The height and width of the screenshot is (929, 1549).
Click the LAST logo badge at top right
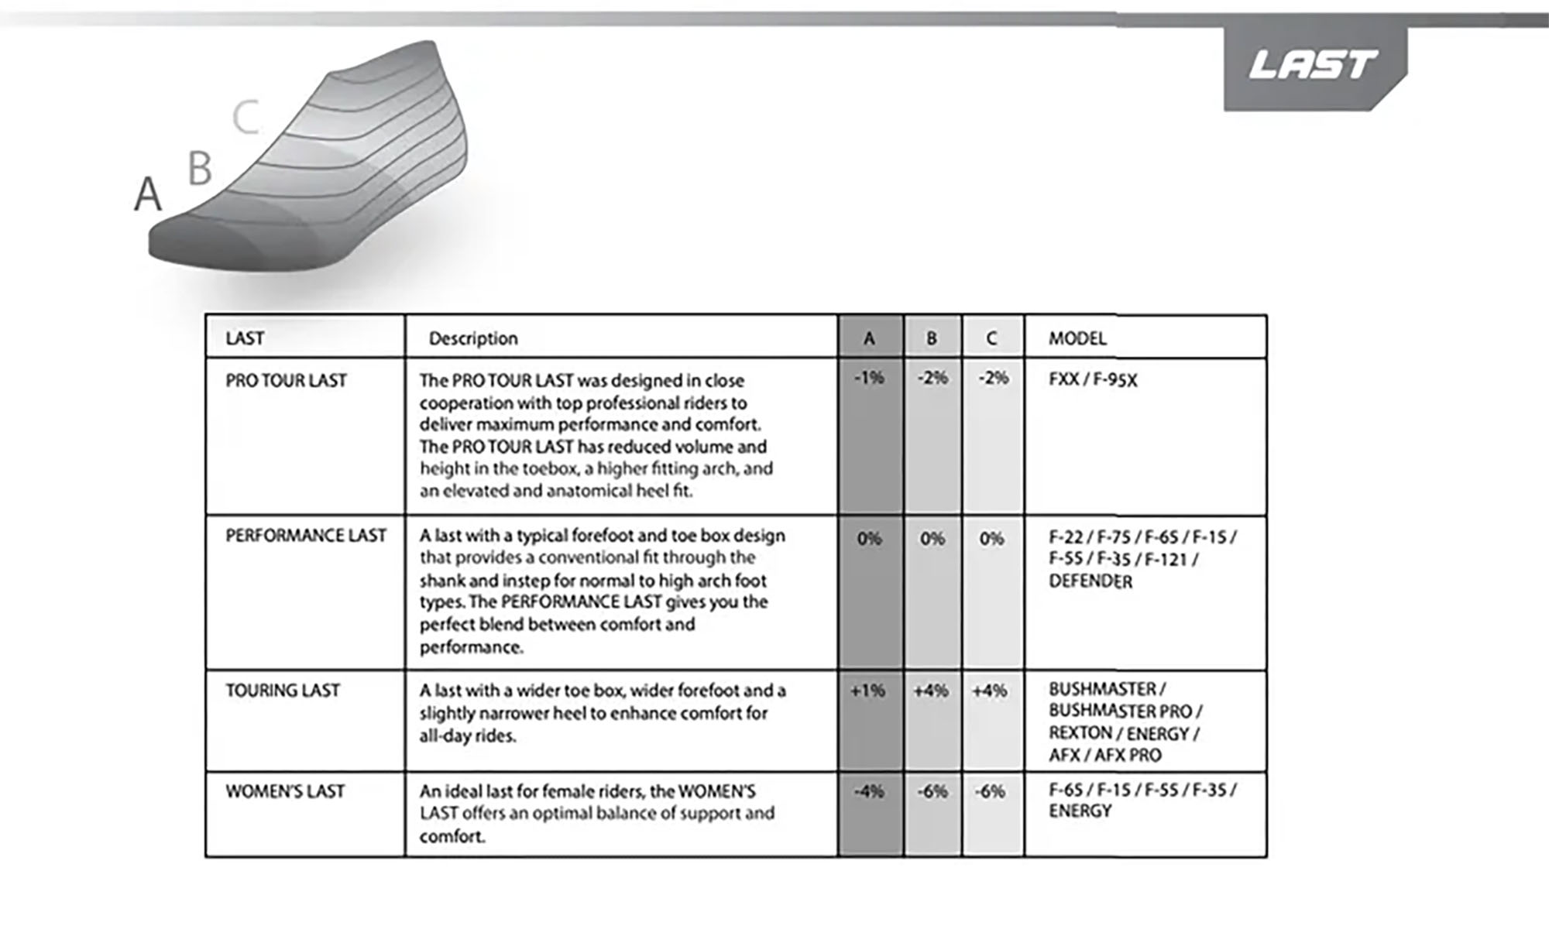point(1314,67)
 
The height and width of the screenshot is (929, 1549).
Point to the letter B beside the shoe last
point(200,168)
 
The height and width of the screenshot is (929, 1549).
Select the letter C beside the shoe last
point(246,118)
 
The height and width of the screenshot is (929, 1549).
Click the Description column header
point(473,338)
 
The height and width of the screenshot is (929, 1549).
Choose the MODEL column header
point(1077,338)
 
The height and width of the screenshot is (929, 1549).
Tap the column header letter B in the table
point(932,338)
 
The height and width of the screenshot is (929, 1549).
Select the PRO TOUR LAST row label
point(286,381)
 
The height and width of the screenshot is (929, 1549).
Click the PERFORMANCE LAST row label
point(305,536)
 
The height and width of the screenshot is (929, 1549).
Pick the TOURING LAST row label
point(283,691)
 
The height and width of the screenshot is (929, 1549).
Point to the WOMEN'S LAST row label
point(285,791)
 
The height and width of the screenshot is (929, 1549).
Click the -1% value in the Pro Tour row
point(869,378)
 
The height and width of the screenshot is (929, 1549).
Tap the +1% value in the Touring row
point(867,691)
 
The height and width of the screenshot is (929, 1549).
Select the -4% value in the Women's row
point(869,791)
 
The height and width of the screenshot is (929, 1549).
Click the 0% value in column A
point(869,539)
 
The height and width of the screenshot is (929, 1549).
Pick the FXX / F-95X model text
point(1093,380)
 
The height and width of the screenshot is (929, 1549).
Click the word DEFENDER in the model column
point(1090,581)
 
